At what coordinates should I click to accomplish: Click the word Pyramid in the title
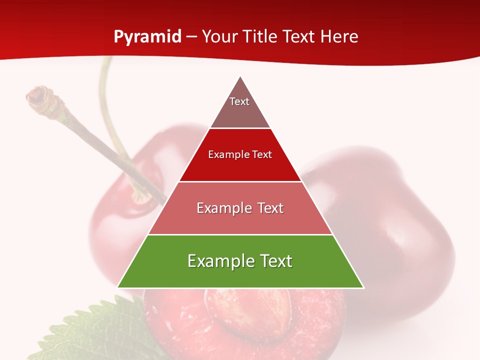(147, 37)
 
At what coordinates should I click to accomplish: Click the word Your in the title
(220, 37)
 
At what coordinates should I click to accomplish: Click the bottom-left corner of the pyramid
(118, 287)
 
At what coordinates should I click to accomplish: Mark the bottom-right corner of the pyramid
(363, 287)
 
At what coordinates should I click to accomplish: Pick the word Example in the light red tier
(223, 208)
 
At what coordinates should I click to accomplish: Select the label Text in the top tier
(239, 101)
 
